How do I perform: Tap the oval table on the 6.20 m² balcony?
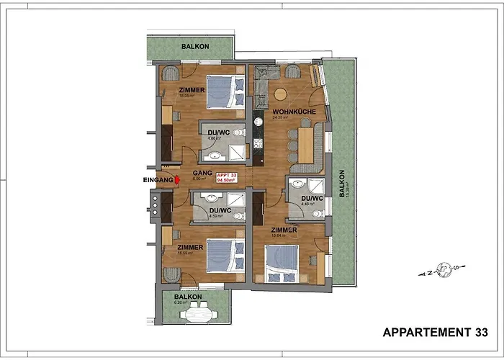click(x=198, y=314)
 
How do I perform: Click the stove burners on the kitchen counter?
click(x=257, y=145)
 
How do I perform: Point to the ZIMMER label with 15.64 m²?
click(x=284, y=230)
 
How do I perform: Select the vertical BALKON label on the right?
click(x=343, y=183)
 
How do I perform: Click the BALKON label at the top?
click(x=195, y=45)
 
